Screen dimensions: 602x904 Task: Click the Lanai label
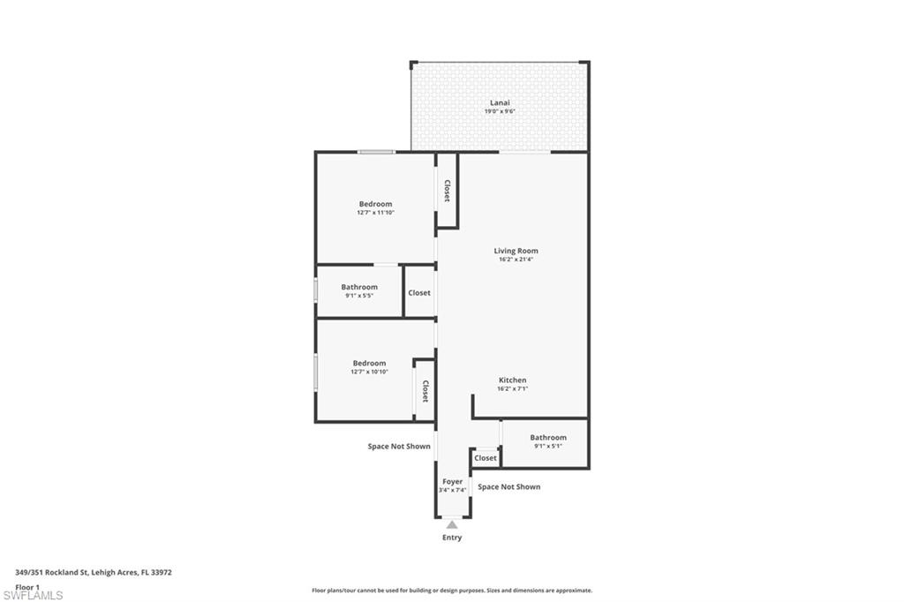point(501,102)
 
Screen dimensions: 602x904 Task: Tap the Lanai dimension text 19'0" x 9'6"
point(500,111)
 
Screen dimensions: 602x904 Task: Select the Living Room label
point(516,251)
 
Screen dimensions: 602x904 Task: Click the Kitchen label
point(512,380)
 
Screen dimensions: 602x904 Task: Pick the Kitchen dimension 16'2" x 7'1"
point(512,389)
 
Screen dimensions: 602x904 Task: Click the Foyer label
point(452,482)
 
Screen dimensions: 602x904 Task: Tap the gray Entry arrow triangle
point(452,524)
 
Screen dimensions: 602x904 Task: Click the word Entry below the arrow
point(452,538)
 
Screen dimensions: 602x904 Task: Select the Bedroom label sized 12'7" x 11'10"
point(375,204)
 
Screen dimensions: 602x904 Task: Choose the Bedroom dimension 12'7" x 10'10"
point(369,372)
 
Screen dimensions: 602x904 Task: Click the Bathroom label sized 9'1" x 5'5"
point(359,287)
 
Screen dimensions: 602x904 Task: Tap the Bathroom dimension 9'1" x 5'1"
point(548,446)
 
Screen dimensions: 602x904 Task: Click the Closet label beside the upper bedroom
point(448,191)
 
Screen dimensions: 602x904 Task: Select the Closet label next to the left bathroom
point(419,292)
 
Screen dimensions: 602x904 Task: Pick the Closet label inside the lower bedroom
point(425,391)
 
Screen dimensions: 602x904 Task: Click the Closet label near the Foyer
point(486,458)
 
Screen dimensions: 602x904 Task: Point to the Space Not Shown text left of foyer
point(399,447)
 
